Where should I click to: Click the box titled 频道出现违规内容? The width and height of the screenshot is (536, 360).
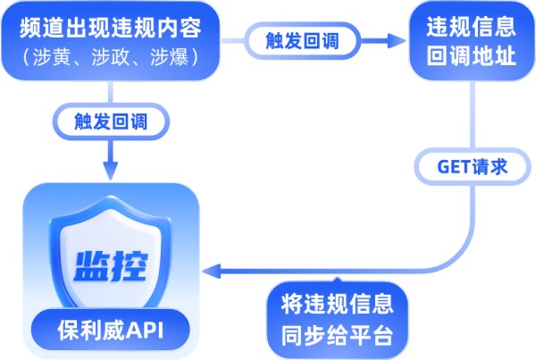(x=111, y=41)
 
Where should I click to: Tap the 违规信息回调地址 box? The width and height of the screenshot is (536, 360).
(x=472, y=41)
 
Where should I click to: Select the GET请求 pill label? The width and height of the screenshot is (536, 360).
(x=473, y=167)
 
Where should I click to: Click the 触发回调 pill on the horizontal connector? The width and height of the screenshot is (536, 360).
(x=302, y=41)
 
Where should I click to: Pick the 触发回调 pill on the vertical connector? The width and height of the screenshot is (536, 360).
(x=111, y=121)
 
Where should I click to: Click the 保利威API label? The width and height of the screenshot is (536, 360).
(x=111, y=330)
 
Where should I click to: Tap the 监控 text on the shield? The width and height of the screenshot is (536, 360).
(x=111, y=265)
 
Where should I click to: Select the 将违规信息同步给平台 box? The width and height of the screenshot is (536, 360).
(x=337, y=320)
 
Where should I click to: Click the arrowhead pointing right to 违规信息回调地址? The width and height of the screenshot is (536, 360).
(x=397, y=41)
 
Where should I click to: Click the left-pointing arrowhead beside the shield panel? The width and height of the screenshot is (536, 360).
(x=212, y=271)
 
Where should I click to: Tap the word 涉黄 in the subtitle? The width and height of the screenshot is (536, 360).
(x=53, y=57)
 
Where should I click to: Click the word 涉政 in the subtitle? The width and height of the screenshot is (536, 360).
(x=111, y=57)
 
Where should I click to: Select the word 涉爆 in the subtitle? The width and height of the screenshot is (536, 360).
(x=169, y=57)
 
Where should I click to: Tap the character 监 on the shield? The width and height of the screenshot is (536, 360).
(x=92, y=265)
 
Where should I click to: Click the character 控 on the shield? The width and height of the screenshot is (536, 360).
(x=130, y=265)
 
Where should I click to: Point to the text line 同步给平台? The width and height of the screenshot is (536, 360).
(x=337, y=336)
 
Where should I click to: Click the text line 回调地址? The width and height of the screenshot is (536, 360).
(x=472, y=56)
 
